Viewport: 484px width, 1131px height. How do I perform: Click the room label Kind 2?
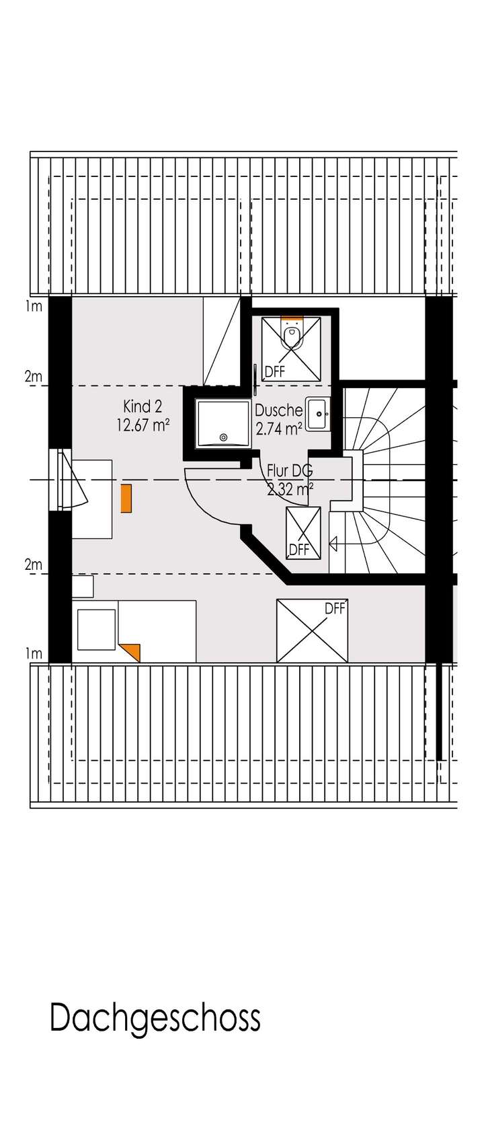(142, 406)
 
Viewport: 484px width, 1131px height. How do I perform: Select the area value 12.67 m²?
(142, 425)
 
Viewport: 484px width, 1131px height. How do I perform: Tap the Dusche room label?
(278, 410)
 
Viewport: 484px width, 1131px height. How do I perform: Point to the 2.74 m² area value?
(278, 427)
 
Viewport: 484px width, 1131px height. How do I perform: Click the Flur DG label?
(290, 470)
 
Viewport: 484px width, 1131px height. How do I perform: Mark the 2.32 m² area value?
(290, 489)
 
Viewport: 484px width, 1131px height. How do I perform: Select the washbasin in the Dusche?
(317, 414)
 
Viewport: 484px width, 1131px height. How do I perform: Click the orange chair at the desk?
(126, 499)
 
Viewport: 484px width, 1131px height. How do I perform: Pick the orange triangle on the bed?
(131, 651)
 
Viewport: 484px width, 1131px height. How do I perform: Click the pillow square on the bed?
(96, 629)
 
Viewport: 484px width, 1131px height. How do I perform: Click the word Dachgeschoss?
(155, 1018)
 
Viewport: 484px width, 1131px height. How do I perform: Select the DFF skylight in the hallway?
(303, 532)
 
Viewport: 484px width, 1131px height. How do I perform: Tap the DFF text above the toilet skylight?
(275, 371)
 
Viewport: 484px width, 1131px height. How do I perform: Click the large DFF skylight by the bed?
(313, 630)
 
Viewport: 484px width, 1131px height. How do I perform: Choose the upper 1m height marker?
(34, 307)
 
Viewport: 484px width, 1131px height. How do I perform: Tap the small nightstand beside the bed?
(83, 586)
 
